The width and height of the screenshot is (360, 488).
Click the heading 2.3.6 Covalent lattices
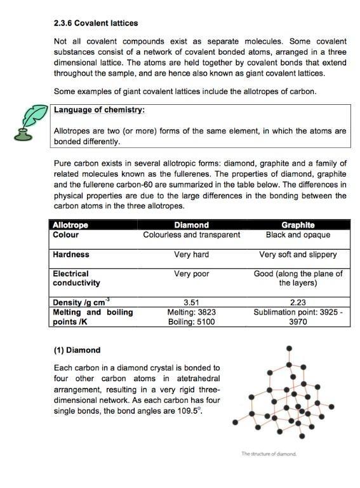[x=96, y=24]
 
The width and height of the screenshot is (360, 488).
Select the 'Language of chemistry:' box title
[x=100, y=110]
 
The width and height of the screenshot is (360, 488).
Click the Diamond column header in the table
[x=191, y=225]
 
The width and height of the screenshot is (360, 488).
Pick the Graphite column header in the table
[x=298, y=225]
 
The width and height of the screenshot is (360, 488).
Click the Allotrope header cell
[x=70, y=225]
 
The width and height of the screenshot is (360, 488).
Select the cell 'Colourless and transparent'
[x=191, y=234]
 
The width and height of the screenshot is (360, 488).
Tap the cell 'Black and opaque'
[x=298, y=234]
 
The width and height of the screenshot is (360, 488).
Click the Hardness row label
[x=71, y=254]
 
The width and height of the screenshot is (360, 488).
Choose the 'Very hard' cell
[x=191, y=254]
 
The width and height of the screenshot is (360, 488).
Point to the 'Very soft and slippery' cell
[x=298, y=254]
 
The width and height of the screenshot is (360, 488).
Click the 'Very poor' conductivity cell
[x=191, y=274]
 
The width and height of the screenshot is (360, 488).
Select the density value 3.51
[x=191, y=302]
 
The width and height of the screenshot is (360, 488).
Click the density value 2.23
[x=298, y=302]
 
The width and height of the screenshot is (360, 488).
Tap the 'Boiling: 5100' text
[x=191, y=322]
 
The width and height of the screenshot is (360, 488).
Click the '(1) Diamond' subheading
[x=77, y=350]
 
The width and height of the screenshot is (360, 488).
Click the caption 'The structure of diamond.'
[x=269, y=454]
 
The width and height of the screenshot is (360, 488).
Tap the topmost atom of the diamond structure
[x=290, y=349]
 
